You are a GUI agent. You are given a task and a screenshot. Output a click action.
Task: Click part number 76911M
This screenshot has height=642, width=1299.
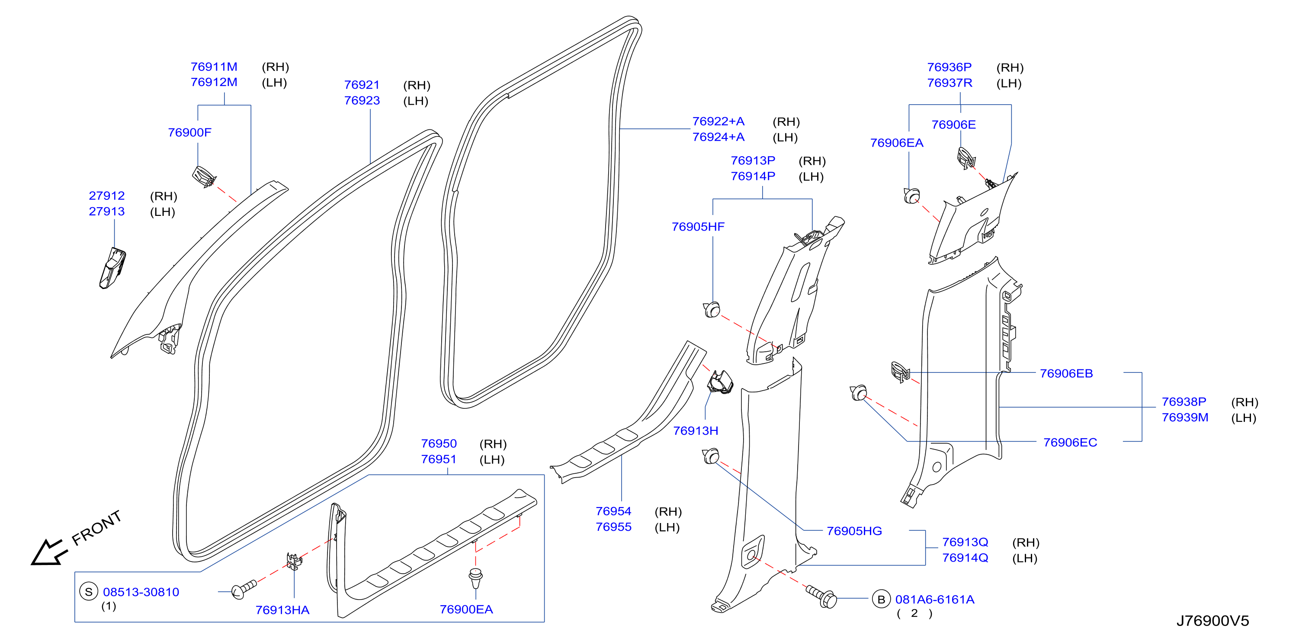(214, 67)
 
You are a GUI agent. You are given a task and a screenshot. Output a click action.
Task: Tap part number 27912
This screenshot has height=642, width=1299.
(107, 196)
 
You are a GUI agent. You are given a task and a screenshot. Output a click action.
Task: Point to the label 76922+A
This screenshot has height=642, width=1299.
(718, 122)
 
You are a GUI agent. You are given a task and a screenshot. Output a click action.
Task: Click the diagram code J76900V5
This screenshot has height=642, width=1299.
(1213, 620)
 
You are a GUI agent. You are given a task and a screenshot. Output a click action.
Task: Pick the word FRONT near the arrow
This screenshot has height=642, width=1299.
(97, 528)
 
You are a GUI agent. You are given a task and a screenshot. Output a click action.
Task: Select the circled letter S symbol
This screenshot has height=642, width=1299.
(89, 591)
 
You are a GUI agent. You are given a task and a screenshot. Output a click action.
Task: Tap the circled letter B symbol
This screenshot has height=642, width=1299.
(881, 599)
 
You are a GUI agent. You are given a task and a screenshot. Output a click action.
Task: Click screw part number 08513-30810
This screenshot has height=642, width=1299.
(141, 592)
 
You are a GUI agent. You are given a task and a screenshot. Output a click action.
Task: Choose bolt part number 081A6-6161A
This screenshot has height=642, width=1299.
(935, 600)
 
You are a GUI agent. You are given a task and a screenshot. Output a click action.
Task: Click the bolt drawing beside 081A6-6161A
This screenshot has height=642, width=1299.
(821, 597)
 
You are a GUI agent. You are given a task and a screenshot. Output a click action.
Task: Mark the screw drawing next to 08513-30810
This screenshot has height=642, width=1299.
(244, 589)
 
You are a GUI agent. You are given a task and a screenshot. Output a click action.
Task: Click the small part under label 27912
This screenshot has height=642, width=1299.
(113, 268)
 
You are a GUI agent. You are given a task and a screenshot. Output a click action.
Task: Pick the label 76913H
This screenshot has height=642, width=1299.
(696, 431)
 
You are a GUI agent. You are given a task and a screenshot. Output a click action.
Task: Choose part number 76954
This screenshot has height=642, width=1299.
(613, 511)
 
